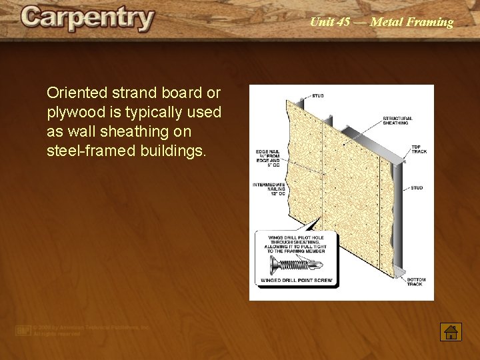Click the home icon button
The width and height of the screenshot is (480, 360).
(451, 332)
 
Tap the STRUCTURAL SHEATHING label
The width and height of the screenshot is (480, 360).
(397, 121)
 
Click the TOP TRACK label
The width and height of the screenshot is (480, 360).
(419, 149)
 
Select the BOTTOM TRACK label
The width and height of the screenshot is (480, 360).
(415, 282)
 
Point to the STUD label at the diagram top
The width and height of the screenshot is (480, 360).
(317, 96)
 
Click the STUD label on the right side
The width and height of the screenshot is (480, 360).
(417, 188)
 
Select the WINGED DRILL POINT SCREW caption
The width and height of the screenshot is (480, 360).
(296, 281)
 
